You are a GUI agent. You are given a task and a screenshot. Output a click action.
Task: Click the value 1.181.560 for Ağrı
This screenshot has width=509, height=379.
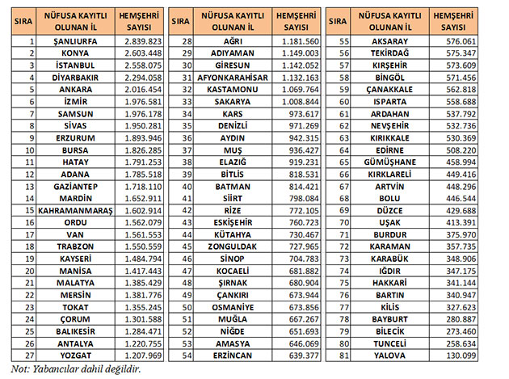coord(298,40)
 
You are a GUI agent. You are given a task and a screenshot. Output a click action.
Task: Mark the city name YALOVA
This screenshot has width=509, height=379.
coord(390,355)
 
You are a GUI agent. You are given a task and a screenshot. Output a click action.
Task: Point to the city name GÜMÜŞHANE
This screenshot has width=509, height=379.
coord(390,162)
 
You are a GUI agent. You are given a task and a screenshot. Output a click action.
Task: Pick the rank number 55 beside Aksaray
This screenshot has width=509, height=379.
coord(346,40)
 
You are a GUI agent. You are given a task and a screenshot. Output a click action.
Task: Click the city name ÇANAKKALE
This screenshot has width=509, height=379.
coord(390,88)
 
